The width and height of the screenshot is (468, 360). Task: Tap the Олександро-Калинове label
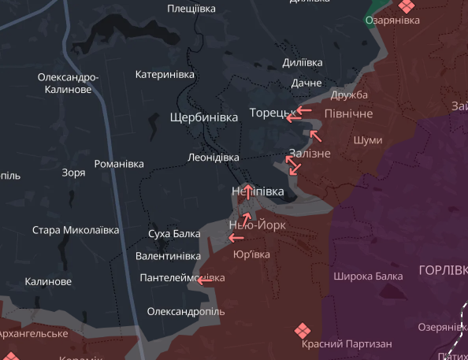[x=68, y=84]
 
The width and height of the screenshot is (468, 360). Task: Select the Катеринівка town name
[x=165, y=75]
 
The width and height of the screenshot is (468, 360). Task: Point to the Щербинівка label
[x=203, y=117]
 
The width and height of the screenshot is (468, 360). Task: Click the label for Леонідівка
[x=214, y=158]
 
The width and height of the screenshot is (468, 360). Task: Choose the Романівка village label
[x=119, y=165]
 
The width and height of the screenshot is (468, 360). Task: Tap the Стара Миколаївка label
[x=75, y=231]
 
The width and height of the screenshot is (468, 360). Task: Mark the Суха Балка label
[x=174, y=234]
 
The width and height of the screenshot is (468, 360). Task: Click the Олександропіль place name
[x=186, y=311]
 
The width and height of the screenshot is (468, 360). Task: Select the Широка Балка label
[x=368, y=276]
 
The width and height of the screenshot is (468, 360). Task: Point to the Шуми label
[x=369, y=140]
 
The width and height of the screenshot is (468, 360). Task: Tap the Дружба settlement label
[x=349, y=95]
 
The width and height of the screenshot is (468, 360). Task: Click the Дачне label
[x=306, y=83]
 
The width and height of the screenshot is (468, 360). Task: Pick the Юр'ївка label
[x=251, y=254]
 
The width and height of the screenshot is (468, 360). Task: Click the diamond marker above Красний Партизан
[x=301, y=329]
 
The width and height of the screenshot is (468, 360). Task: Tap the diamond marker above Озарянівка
[x=406, y=6]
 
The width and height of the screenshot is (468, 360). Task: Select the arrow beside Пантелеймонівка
[x=203, y=280]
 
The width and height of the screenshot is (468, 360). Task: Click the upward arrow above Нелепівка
[x=247, y=190]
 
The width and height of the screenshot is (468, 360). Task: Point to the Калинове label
[x=48, y=281]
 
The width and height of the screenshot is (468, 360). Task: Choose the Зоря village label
[x=74, y=173]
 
